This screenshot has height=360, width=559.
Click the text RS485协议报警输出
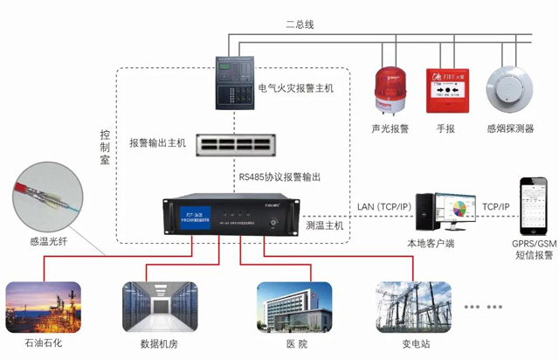[279, 177]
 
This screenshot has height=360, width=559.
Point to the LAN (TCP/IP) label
[386, 207]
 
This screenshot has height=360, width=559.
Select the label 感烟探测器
[510, 128]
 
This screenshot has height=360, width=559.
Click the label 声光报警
[390, 128]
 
